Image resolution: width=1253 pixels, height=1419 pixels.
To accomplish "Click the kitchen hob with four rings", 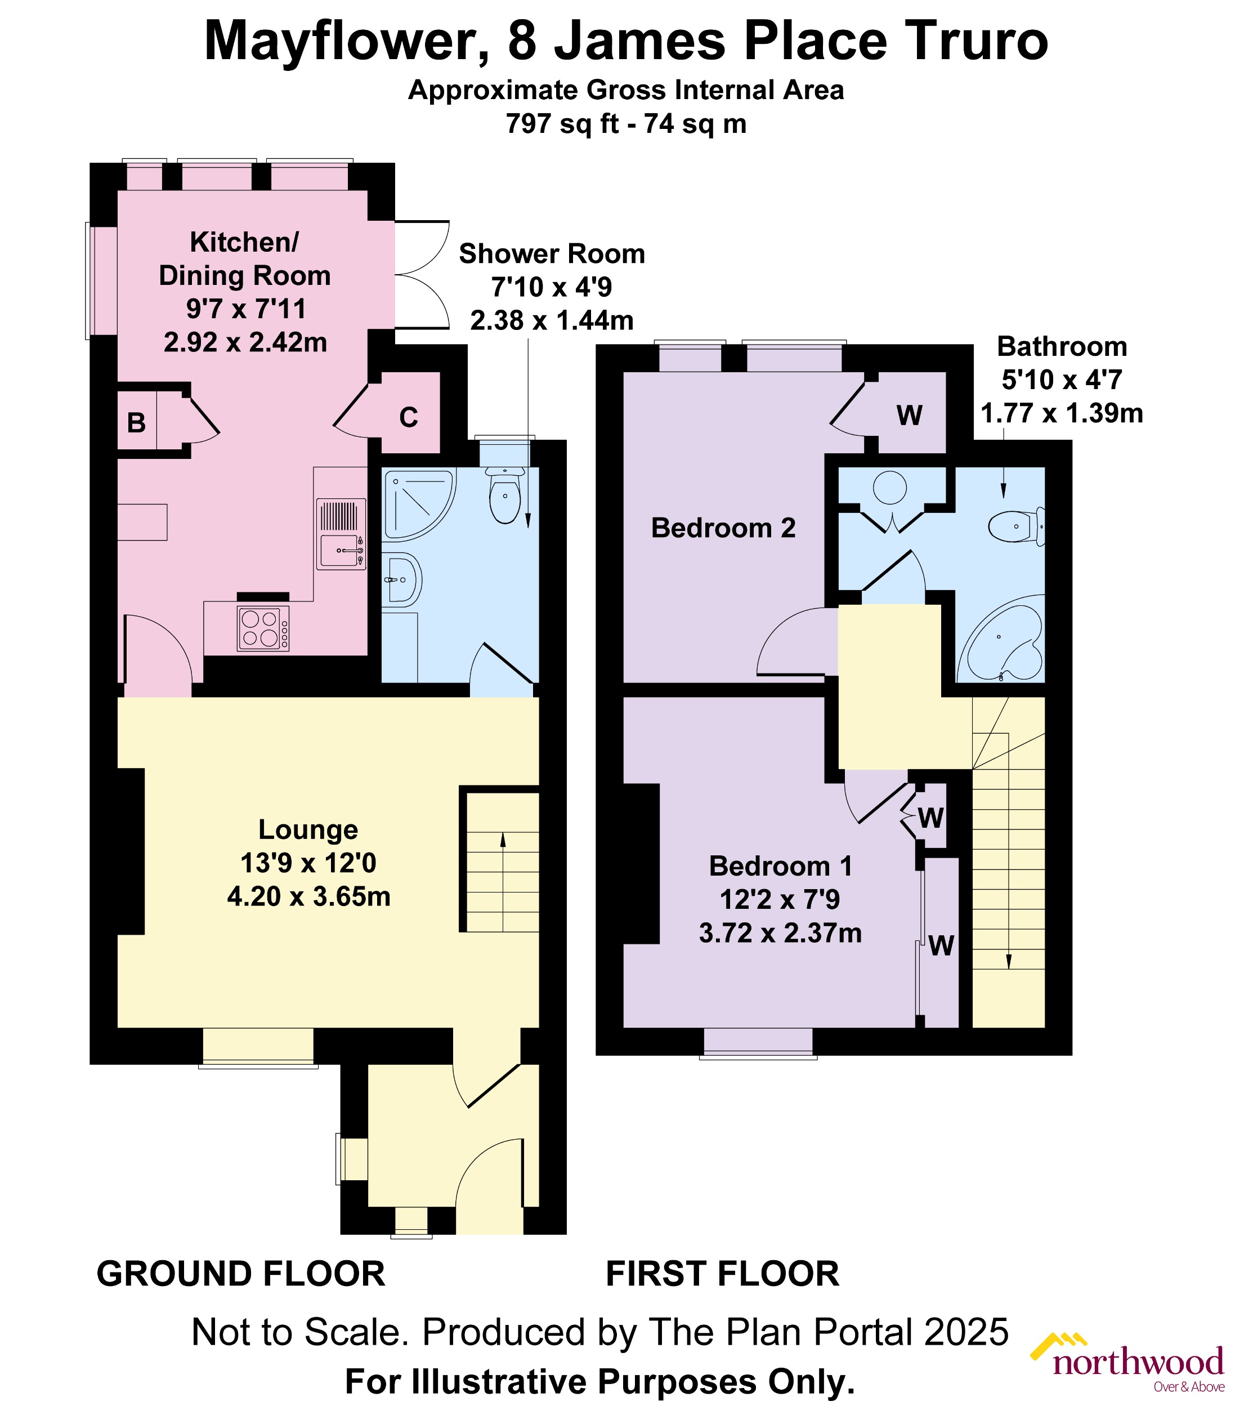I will [263, 628].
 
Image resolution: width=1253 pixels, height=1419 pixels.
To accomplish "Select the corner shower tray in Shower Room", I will [417, 505].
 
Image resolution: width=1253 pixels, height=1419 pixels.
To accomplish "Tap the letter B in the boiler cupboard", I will [137, 423].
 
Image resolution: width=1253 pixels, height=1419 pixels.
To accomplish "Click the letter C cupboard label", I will [409, 417].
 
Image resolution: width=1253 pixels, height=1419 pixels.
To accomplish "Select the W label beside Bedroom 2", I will [909, 415].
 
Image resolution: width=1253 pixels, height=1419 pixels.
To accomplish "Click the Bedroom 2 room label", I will [723, 528].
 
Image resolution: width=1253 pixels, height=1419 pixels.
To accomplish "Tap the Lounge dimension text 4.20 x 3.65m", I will [308, 896].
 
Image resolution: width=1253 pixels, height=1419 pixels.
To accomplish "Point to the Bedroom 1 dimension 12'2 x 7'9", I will [780, 899].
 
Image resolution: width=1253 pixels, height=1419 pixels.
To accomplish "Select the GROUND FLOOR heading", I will [241, 1274].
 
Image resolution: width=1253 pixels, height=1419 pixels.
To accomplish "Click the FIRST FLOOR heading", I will [722, 1274].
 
